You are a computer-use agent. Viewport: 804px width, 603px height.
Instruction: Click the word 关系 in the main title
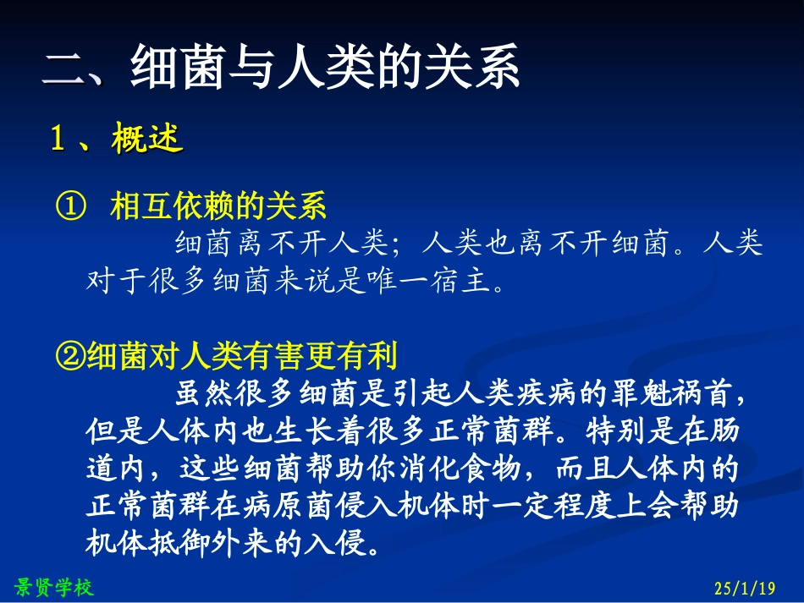(476, 69)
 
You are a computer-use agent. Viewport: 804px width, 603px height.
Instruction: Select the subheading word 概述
(146, 140)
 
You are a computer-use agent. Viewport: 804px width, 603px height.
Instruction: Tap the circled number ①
(70, 206)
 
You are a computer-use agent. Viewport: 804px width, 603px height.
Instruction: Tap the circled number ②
(70, 357)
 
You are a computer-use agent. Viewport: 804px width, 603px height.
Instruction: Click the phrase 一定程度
(554, 506)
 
